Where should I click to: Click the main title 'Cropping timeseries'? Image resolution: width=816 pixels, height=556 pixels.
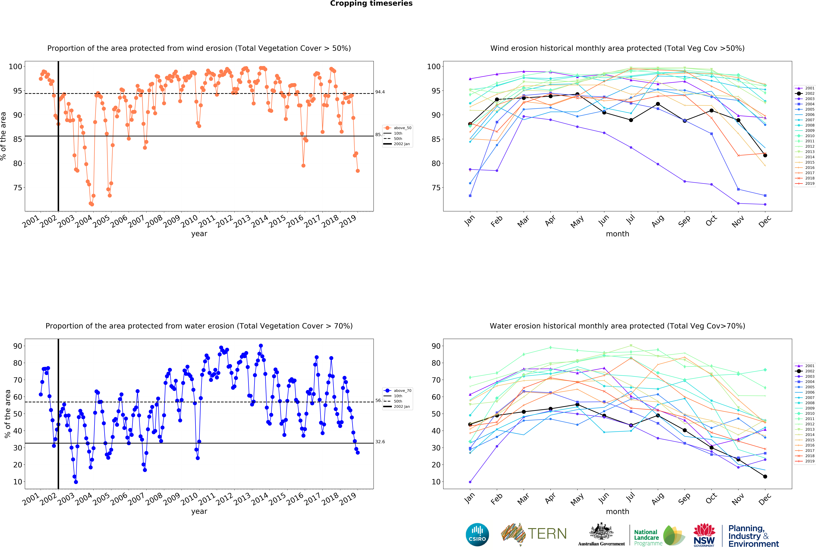[x=371, y=3]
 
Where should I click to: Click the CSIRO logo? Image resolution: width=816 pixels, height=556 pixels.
[x=477, y=535]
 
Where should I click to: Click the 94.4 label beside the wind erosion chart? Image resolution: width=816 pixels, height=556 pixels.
[x=380, y=92]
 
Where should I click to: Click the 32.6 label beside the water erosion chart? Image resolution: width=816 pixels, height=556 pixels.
[x=380, y=442]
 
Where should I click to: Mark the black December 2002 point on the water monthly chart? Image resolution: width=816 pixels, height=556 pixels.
[x=765, y=476]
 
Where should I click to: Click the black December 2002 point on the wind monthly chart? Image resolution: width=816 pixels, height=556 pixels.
[x=765, y=155]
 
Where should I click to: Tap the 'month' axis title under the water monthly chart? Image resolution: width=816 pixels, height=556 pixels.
[x=617, y=511]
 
